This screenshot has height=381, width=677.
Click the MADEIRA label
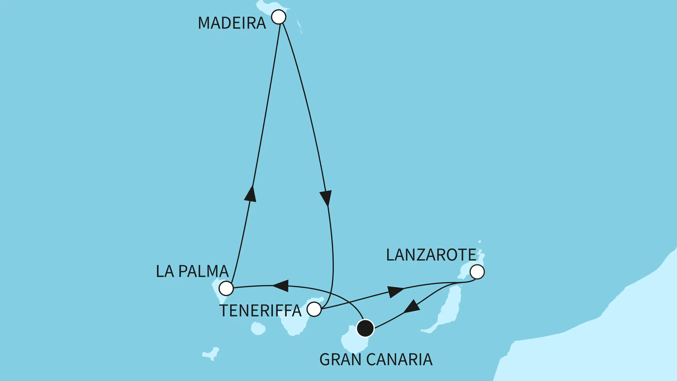(x=232, y=23)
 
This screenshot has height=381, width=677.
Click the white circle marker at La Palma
(x=226, y=288)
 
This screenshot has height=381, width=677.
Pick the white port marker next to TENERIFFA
(x=314, y=309)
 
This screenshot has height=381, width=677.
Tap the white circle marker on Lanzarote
(x=477, y=272)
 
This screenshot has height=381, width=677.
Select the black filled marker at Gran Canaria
(x=365, y=328)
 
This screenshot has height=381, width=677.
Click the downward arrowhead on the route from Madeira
(x=326, y=198)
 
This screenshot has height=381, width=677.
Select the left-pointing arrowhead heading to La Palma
(x=281, y=286)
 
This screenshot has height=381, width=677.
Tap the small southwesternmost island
(x=211, y=354)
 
